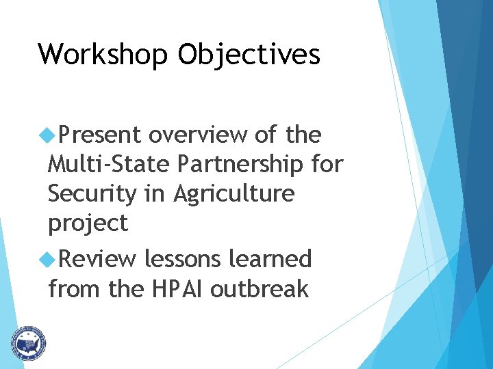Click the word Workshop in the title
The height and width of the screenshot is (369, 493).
point(103,54)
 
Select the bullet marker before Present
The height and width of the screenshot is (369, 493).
point(47,135)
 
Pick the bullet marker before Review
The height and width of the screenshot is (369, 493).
point(47,260)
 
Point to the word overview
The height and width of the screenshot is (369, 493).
point(198,135)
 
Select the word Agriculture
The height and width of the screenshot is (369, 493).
point(233,194)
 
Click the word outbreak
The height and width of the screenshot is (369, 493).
point(260,289)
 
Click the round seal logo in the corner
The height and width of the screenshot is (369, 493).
point(27,342)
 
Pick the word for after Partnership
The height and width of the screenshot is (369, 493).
point(326,165)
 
